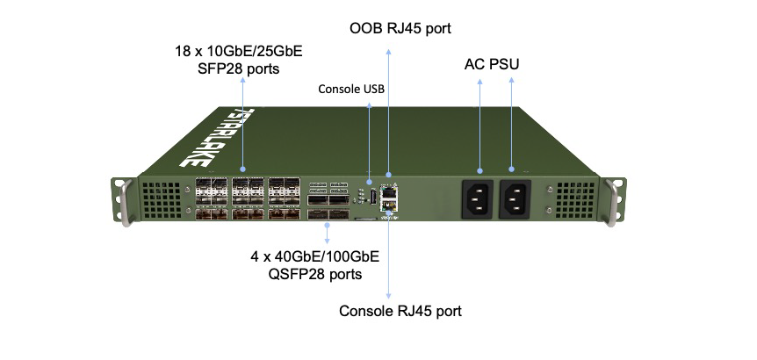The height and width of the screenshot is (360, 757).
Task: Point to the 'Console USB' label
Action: [351, 89]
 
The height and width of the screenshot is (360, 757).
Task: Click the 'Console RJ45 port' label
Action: [400, 311]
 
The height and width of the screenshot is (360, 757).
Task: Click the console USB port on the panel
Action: [373, 198]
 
